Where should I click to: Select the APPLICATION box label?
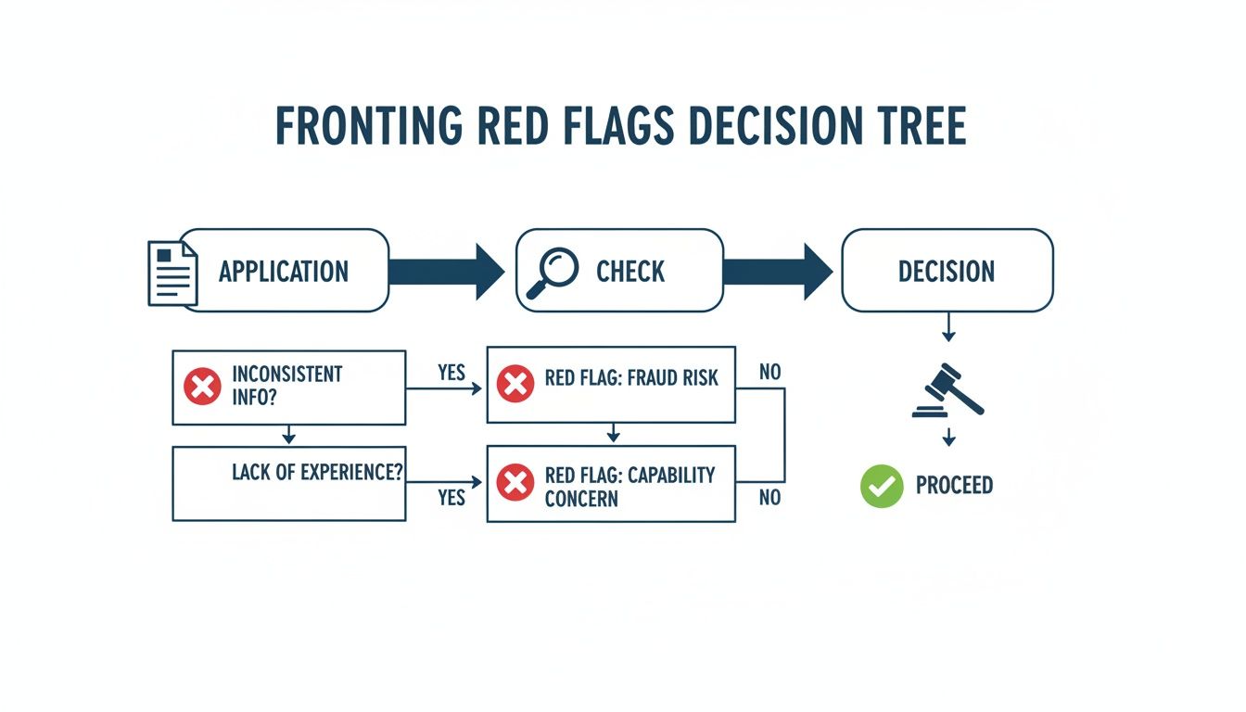coord(284,272)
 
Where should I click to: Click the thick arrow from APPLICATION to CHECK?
coord(446,272)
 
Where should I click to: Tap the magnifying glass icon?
coord(552,272)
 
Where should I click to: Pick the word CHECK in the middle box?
coord(630,272)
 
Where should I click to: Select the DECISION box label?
coord(947,272)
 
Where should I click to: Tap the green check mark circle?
coord(881,486)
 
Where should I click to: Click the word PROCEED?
coord(954,486)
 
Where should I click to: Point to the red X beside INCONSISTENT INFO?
coord(202,387)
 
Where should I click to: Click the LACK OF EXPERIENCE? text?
coord(317,471)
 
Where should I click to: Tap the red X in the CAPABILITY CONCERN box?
coord(515,483)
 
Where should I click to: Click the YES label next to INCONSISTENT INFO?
coord(451,373)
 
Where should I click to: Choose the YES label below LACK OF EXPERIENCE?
coord(451,498)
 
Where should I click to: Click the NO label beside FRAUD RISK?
coord(769,373)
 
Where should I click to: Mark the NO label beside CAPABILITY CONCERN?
coord(769,498)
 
